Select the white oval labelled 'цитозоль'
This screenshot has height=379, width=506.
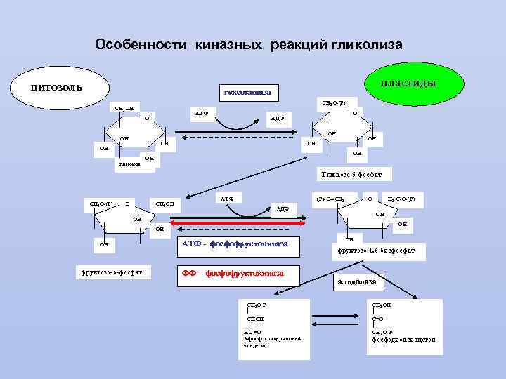[56, 87]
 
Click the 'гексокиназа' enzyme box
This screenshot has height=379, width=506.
[247, 92]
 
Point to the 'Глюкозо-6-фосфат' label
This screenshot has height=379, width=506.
[356, 173]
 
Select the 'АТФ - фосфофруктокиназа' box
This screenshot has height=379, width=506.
[235, 244]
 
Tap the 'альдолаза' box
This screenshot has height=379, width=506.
[357, 282]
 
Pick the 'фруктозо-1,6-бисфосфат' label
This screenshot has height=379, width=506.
[376, 250]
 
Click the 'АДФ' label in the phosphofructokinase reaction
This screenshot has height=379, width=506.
[282, 208]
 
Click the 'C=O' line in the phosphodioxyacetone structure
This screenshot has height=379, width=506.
[377, 319]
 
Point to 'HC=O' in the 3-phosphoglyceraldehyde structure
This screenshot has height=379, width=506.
[252, 331]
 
